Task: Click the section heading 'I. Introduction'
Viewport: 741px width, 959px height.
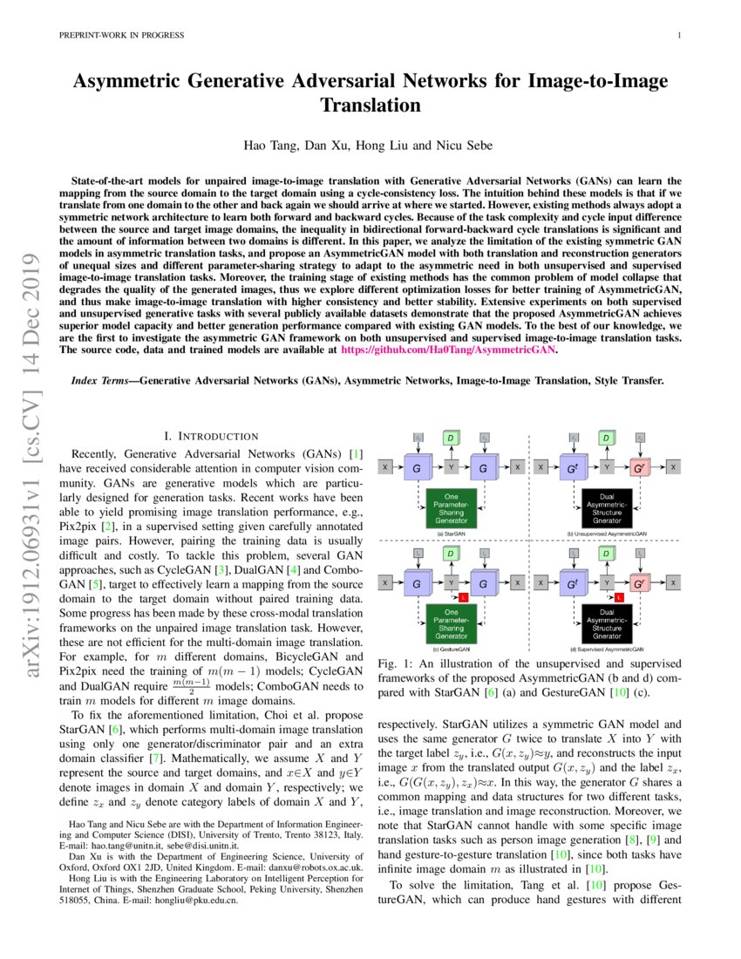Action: pos(211,436)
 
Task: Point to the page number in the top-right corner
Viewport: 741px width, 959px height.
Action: pos(677,35)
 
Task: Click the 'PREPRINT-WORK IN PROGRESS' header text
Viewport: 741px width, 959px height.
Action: pos(121,35)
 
